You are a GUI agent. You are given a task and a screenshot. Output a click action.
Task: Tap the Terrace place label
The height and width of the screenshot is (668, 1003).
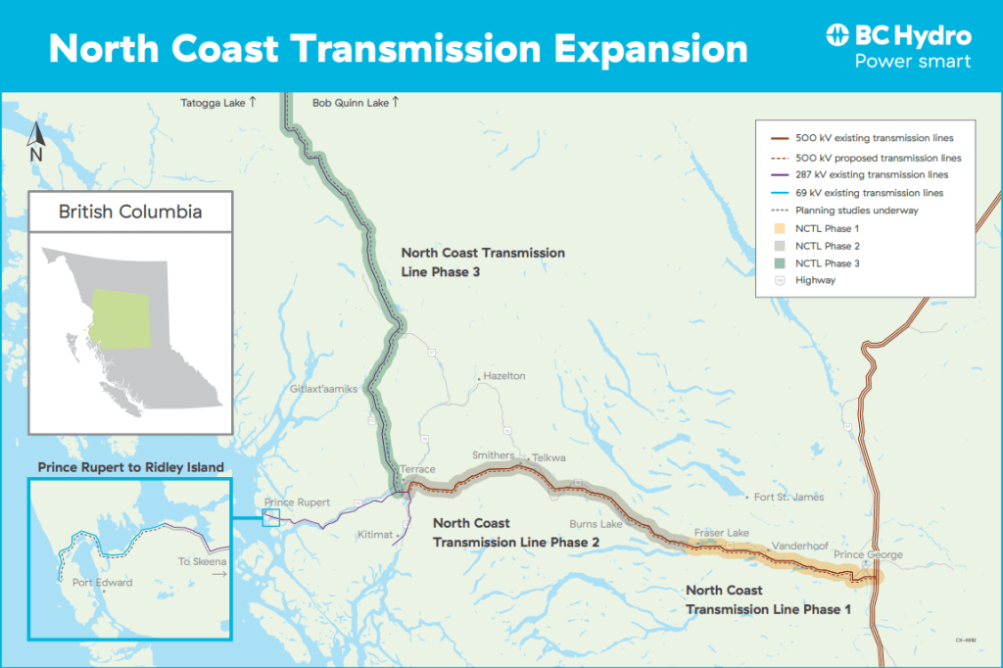coord(418,470)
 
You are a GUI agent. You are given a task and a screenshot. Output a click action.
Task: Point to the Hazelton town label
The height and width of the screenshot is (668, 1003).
coord(504,376)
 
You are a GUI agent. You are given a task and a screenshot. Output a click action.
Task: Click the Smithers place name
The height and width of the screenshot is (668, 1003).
coord(493,455)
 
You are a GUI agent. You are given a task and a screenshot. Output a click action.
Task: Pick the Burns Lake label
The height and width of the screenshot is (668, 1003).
coord(596,524)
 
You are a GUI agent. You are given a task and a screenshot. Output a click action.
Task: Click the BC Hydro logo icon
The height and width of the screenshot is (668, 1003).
coord(838,36)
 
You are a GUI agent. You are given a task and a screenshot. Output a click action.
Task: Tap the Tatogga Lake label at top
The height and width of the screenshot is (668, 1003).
coord(213,102)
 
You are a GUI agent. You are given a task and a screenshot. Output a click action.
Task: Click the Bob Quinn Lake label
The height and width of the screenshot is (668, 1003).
coord(351,102)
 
